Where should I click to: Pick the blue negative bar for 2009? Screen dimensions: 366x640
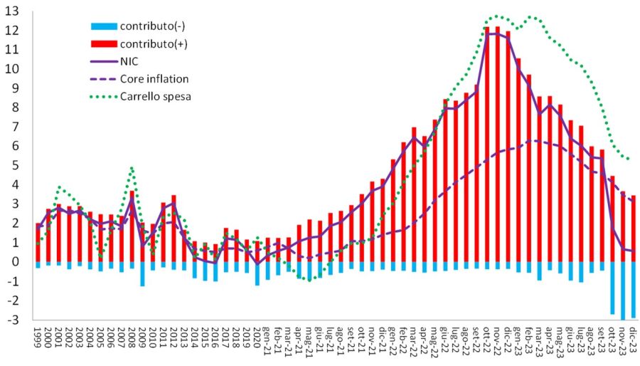[142, 274]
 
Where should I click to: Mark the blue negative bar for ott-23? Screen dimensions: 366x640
[612, 288]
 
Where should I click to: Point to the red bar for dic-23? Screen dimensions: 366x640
[632, 229]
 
